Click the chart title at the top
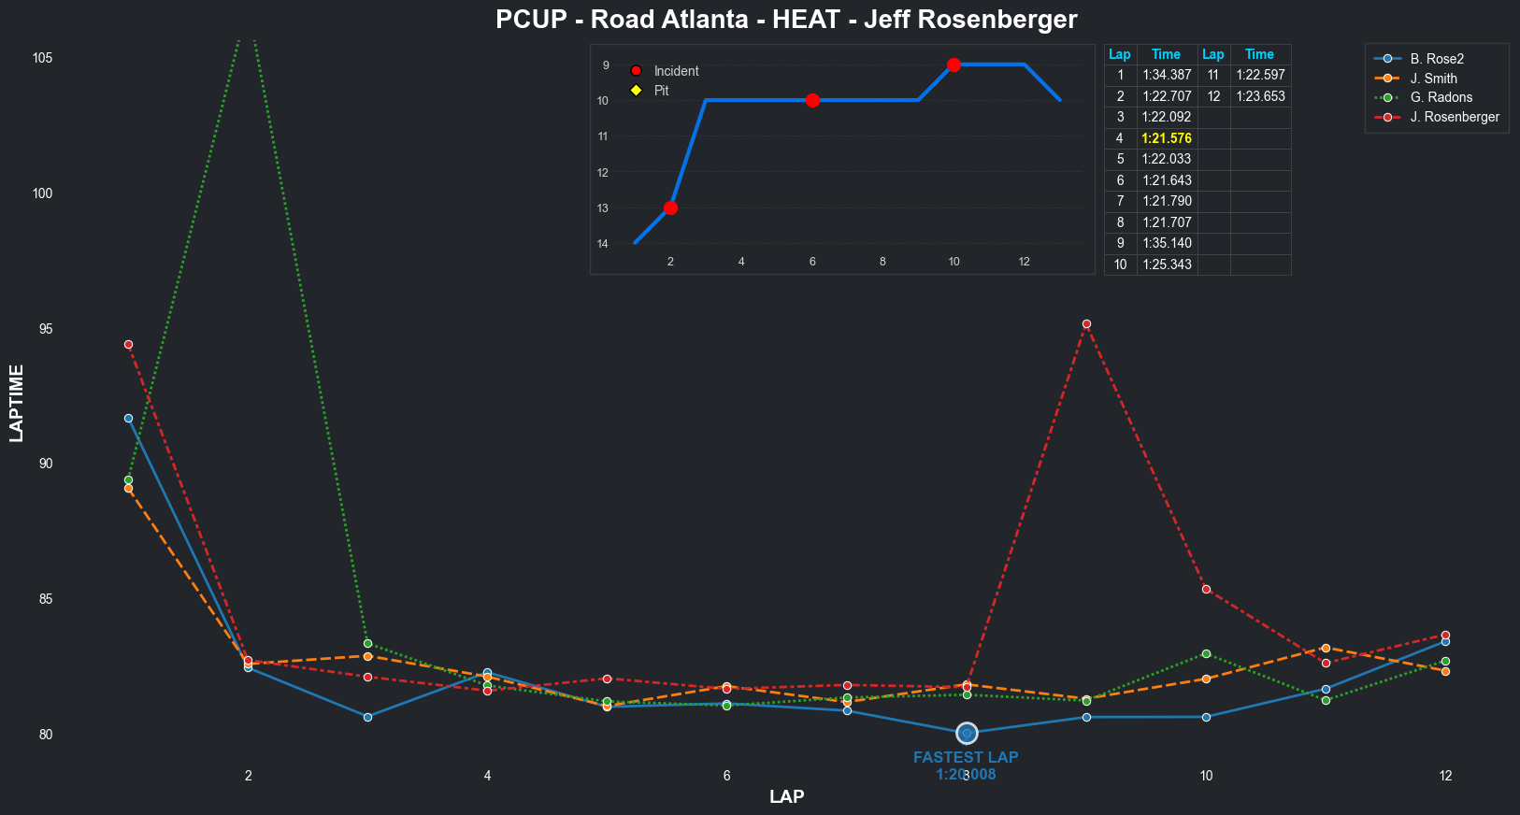786,20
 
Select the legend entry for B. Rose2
1437,59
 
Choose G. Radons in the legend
1441,97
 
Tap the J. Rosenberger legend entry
1454,117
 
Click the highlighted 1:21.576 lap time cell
1167,138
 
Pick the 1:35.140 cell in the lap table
1167,243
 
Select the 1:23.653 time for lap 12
1260,96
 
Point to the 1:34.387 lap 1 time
1167,75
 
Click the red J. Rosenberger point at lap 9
1086,324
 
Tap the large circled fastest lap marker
967,734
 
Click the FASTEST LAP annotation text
966,758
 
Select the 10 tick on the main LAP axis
1206,776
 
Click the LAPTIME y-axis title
17,403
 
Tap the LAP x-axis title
786,797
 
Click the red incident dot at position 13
670,207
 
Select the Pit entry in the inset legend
661,91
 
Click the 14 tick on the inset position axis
603,244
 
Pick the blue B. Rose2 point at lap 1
128,418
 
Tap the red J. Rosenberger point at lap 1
128,345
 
